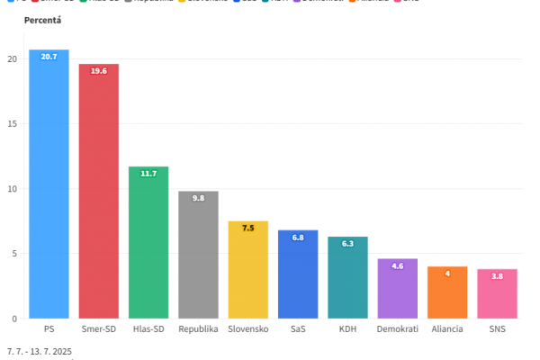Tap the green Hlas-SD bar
[x=148, y=242]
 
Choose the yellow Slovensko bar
[x=247, y=269]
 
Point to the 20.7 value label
[x=49, y=57]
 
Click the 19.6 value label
[x=98, y=71]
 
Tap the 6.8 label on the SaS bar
[x=298, y=238]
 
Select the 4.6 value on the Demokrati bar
[x=397, y=266]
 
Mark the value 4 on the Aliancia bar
[x=447, y=274]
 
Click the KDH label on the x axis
[x=347, y=329]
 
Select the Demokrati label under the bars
[x=397, y=329]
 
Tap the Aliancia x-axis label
[x=447, y=329]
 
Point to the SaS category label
[x=298, y=329]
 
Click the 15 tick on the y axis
[x=13, y=124]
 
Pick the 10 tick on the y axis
[x=13, y=189]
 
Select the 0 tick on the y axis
[x=14, y=319]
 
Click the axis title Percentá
[x=43, y=20]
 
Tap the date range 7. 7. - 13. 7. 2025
[x=39, y=351]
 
